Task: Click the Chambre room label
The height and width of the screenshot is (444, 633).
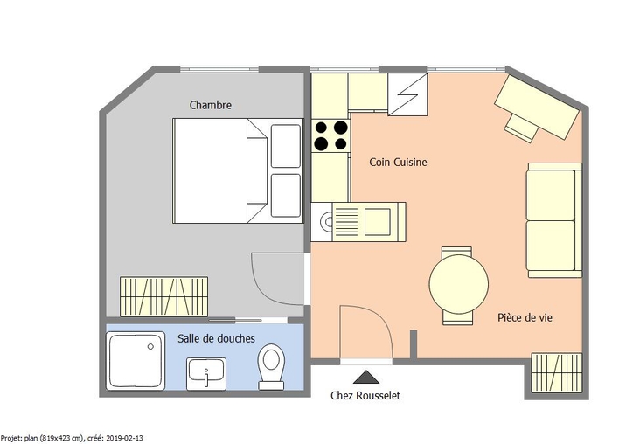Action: pos(211,105)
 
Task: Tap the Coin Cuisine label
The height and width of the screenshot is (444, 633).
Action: pos(398,162)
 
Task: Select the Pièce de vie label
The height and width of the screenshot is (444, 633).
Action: pos(525,317)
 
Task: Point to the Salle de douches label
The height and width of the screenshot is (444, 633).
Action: pos(216,338)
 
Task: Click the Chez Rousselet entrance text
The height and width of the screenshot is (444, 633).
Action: pos(365,395)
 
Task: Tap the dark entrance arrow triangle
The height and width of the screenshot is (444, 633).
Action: pos(366,377)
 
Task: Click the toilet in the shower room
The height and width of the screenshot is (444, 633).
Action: pos(272,366)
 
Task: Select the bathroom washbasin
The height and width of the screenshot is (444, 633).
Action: pos(205,374)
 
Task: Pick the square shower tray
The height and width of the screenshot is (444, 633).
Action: pos(136,361)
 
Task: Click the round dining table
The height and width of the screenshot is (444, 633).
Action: pos(459,284)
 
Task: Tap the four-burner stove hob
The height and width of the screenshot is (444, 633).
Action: pos(330,135)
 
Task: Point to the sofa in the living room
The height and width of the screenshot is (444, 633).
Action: pos(554,220)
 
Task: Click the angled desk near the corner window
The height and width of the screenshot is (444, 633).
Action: pos(537,108)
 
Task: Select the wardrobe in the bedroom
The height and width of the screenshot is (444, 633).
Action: pos(163,296)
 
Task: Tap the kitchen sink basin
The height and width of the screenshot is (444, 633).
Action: pos(378,222)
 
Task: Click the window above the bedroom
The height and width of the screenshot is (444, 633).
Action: pos(219,69)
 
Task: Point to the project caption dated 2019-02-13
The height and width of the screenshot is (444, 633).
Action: pos(72,438)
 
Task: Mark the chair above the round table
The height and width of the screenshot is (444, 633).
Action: pos(456,252)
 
